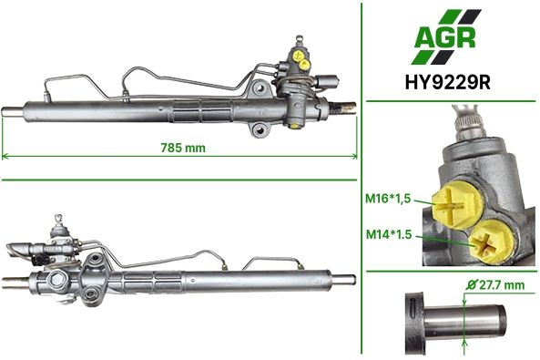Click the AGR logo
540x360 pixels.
(x=445, y=36)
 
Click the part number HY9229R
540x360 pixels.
(x=448, y=83)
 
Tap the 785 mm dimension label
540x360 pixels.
(x=183, y=148)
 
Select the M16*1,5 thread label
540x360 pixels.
(x=388, y=199)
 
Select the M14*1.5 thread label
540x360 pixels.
(x=389, y=234)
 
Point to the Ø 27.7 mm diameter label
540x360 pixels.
(x=495, y=285)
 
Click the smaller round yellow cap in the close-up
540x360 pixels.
(x=492, y=241)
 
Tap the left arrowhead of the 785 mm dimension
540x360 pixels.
(x=5, y=156)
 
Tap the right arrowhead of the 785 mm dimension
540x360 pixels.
(x=354, y=156)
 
